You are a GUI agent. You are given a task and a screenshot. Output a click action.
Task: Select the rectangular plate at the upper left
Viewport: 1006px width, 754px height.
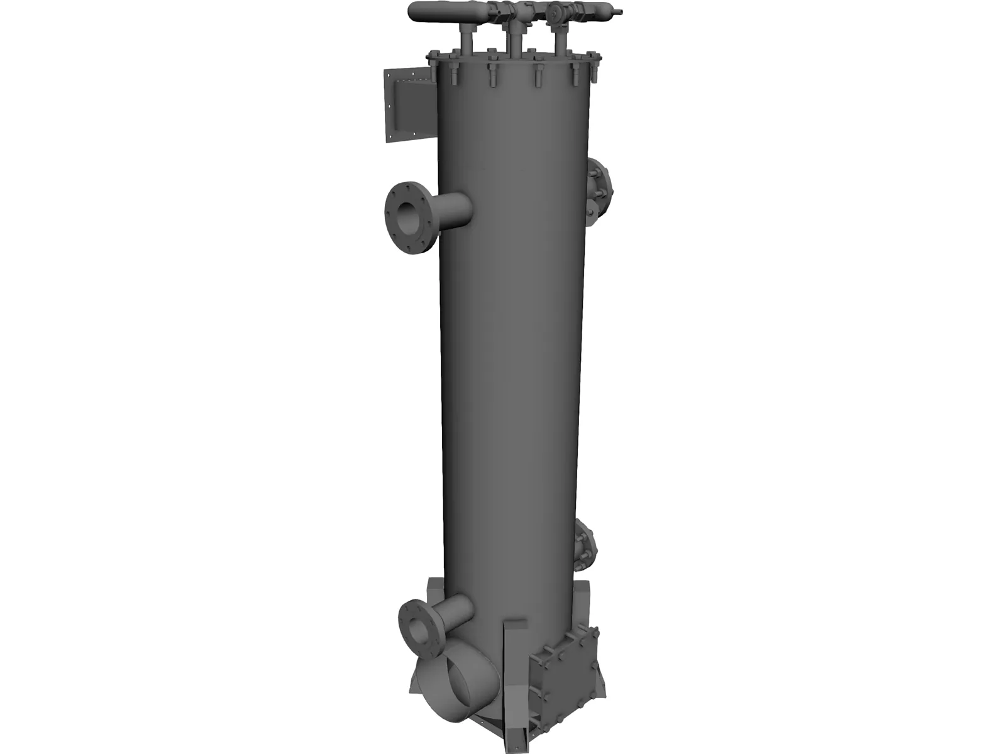click(x=409, y=106)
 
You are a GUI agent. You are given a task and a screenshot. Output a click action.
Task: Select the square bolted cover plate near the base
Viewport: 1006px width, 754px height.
click(x=565, y=670)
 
